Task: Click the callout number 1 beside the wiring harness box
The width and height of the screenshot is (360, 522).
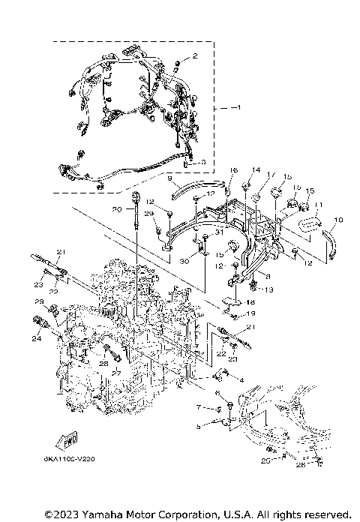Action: [x=238, y=108]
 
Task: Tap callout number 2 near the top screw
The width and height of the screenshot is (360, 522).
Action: [x=195, y=56]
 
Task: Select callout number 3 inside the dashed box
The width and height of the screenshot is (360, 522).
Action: [x=202, y=161]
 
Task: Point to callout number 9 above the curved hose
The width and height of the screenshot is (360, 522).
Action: [x=170, y=178]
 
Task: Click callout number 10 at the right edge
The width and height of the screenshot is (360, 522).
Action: [x=337, y=220]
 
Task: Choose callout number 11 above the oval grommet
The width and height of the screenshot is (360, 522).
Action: [x=318, y=205]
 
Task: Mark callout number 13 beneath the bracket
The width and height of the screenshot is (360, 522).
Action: [x=268, y=289]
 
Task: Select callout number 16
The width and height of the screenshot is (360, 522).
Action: [x=233, y=170]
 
